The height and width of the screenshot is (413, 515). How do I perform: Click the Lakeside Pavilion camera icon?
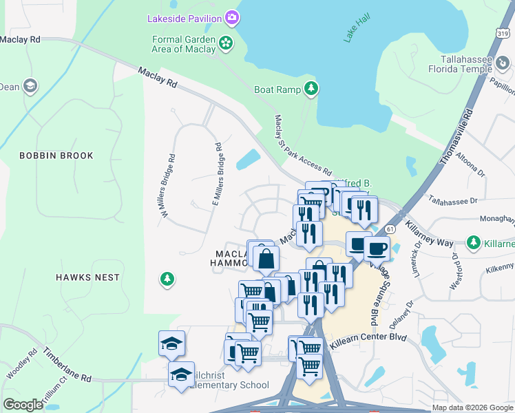tap(233, 17)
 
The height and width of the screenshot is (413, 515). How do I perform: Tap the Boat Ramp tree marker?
tap(312, 88)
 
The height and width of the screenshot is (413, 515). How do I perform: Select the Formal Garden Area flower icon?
tap(225, 44)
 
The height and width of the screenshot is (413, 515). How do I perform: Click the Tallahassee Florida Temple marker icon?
tap(503, 64)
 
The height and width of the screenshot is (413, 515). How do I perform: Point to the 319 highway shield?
tap(503, 33)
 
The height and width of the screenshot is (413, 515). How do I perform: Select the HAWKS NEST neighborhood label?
tap(87, 277)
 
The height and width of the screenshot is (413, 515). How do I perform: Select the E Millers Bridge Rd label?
tap(217, 174)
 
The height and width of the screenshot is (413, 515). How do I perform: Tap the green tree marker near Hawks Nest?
tap(166, 279)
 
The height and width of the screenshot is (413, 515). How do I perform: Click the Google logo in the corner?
tap(23, 405)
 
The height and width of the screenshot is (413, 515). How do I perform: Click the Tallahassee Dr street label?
tap(452, 200)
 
